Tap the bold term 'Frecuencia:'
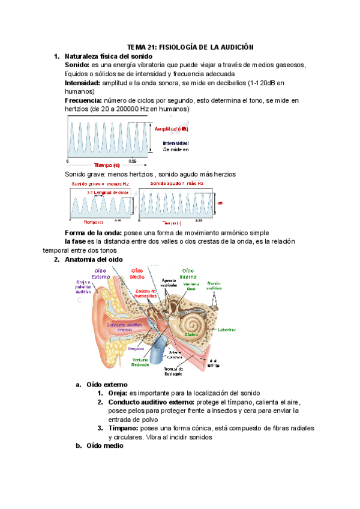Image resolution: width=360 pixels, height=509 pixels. (x=83, y=100)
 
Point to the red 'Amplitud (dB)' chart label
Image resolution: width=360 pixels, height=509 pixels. (x=172, y=129)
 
